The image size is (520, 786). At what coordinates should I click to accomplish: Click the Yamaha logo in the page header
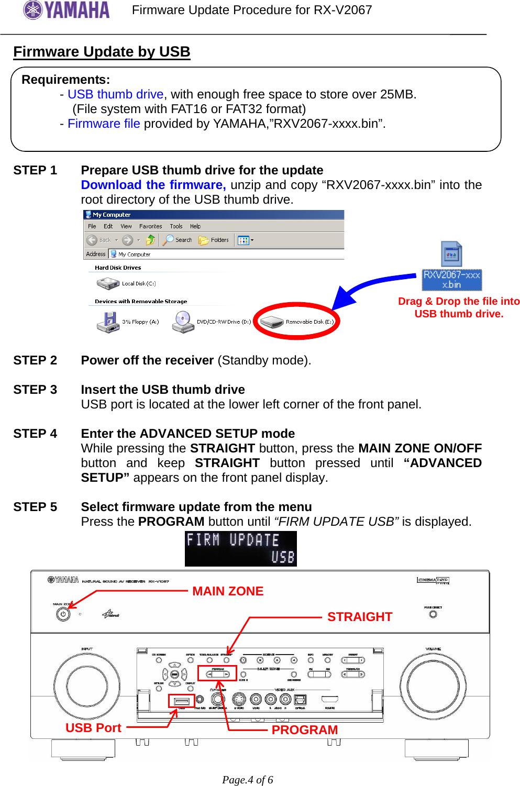(67, 10)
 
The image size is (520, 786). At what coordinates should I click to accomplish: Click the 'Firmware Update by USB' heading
(102, 51)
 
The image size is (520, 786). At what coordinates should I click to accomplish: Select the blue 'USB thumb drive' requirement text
(115, 94)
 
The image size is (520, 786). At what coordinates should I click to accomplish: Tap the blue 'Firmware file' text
(104, 124)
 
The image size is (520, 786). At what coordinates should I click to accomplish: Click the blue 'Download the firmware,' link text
(153, 185)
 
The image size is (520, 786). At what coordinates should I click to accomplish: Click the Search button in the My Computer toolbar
(178, 240)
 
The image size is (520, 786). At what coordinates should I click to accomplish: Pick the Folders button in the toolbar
(214, 240)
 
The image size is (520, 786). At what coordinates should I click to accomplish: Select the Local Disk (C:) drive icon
(108, 283)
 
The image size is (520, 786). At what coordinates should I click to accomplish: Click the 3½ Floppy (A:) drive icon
(108, 322)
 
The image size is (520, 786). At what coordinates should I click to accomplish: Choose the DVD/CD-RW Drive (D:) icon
(183, 322)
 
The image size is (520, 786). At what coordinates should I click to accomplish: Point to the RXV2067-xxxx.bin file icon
(451, 254)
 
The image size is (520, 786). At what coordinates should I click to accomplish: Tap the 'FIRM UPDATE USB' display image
(240, 549)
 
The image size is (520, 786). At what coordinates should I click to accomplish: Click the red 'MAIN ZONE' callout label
(228, 591)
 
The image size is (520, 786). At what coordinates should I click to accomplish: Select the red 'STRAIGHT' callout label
(360, 617)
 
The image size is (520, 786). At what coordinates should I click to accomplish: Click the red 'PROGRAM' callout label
(304, 730)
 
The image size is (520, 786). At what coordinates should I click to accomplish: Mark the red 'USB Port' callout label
(93, 728)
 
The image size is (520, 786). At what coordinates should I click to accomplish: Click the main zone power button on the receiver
(63, 614)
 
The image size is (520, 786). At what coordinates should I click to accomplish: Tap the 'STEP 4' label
(35, 434)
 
